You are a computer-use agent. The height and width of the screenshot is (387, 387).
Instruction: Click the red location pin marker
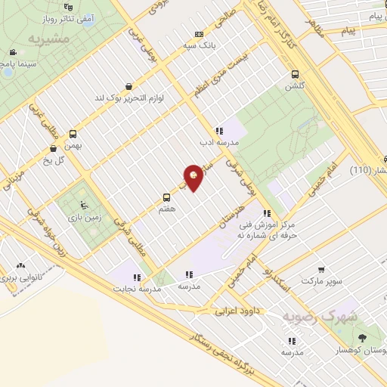(x=193, y=177)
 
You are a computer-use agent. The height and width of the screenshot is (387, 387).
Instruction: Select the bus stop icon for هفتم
(x=166, y=198)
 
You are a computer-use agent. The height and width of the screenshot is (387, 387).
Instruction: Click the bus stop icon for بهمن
(x=73, y=132)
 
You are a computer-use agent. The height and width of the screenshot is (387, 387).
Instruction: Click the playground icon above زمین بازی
(x=84, y=204)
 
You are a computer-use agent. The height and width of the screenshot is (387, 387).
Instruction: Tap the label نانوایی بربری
(x=19, y=277)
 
